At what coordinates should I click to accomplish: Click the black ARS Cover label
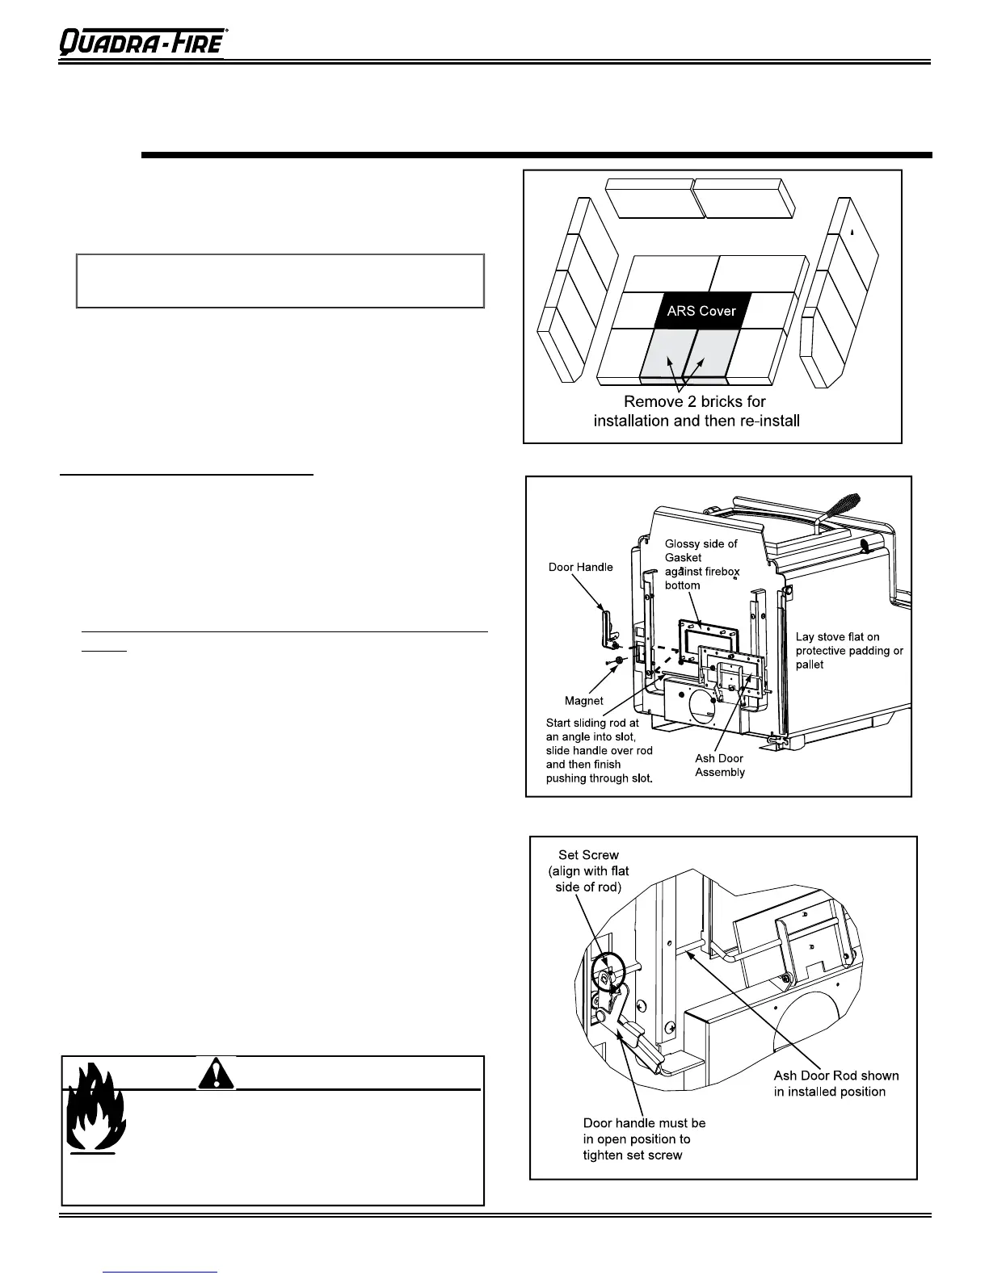[701, 311]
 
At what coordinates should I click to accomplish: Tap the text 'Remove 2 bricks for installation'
[696, 411]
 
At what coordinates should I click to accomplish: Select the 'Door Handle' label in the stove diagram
[581, 567]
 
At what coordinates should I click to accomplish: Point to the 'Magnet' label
[583, 700]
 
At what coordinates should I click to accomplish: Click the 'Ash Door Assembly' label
[719, 765]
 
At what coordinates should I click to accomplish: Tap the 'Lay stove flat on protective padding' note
[849, 651]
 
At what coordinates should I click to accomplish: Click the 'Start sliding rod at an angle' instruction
[599, 751]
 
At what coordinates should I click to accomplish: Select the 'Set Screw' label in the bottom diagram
[588, 870]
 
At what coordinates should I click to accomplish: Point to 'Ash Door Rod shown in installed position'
[835, 1084]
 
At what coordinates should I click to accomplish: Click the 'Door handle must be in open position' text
[644, 1139]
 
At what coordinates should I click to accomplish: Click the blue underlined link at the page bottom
[162, 1273]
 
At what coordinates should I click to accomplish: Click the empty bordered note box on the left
[280, 281]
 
